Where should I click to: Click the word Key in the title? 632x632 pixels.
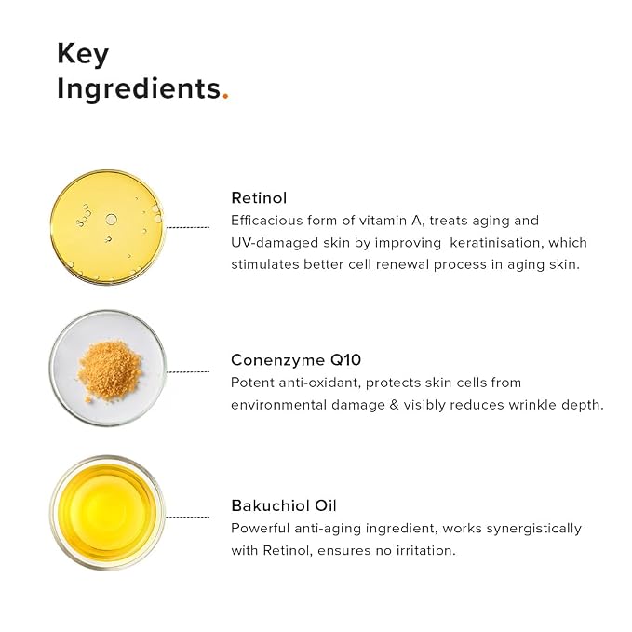(x=83, y=54)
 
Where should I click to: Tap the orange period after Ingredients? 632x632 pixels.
(x=225, y=96)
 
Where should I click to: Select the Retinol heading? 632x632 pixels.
(x=259, y=198)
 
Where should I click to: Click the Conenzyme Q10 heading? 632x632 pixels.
(x=296, y=360)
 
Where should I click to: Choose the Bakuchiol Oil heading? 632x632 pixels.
(x=284, y=505)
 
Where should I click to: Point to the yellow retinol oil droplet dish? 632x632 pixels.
(x=107, y=227)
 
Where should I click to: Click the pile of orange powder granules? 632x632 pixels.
(x=110, y=370)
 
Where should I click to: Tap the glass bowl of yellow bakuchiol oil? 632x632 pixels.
(x=107, y=513)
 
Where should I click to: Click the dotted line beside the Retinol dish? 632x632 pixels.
(x=188, y=227)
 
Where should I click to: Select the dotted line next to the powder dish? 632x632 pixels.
(x=188, y=371)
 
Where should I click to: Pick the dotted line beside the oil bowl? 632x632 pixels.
(x=188, y=517)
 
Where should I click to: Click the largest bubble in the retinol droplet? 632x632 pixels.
(x=112, y=220)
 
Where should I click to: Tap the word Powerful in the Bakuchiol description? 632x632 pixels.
(x=260, y=529)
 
